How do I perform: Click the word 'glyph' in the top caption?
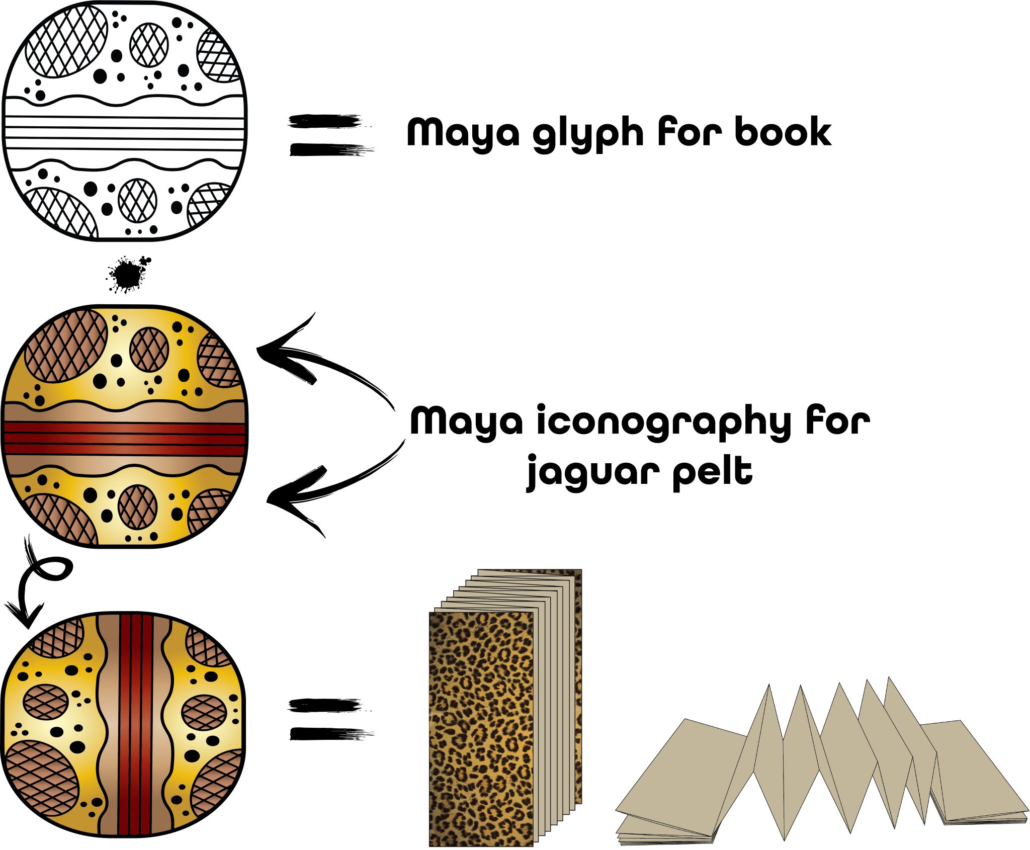click(587, 133)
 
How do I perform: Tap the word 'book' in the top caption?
click(783, 132)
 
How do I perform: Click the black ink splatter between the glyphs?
click(127, 274)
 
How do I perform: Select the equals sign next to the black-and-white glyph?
click(329, 135)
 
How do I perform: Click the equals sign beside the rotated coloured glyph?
click(329, 719)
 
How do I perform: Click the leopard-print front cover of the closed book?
click(480, 729)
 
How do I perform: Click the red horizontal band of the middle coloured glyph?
click(125, 439)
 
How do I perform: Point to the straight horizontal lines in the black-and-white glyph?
click(125, 133)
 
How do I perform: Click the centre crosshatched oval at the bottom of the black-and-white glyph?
click(137, 200)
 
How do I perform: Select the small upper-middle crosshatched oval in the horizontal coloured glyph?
click(149, 350)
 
